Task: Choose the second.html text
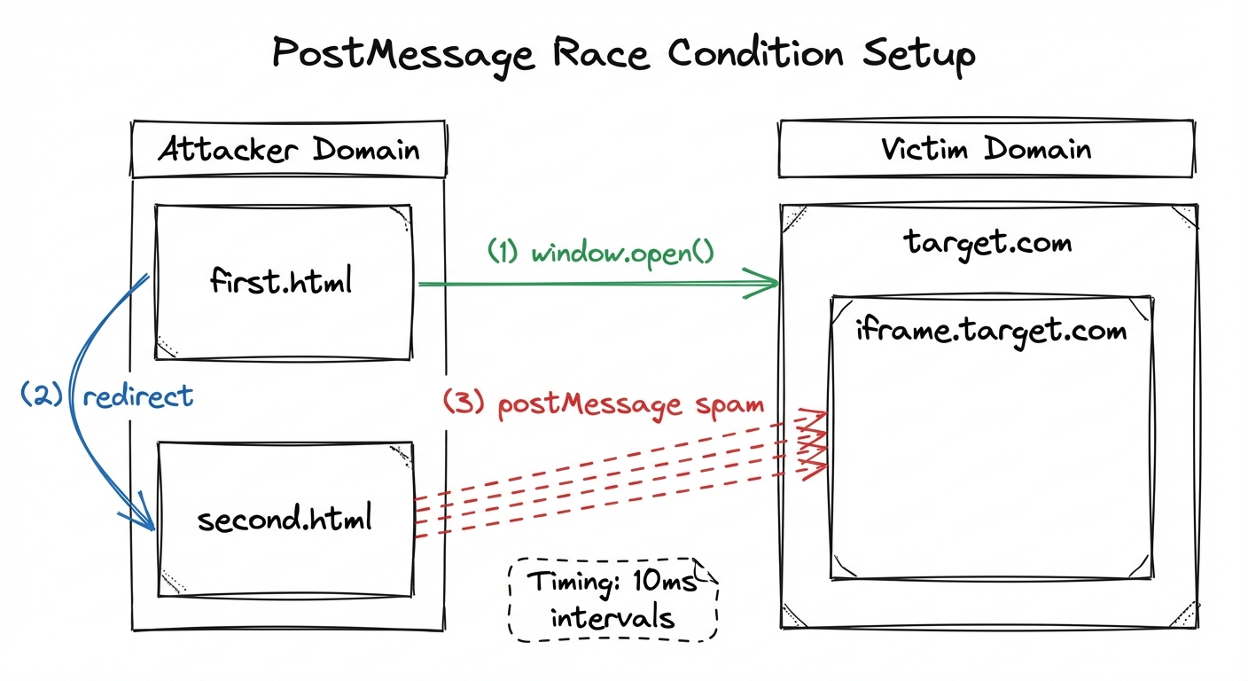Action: [284, 518]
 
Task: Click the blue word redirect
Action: [137, 395]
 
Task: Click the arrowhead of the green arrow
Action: [770, 284]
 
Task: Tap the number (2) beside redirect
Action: [42, 395]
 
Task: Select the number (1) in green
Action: [503, 253]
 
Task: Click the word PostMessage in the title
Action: [403, 55]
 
